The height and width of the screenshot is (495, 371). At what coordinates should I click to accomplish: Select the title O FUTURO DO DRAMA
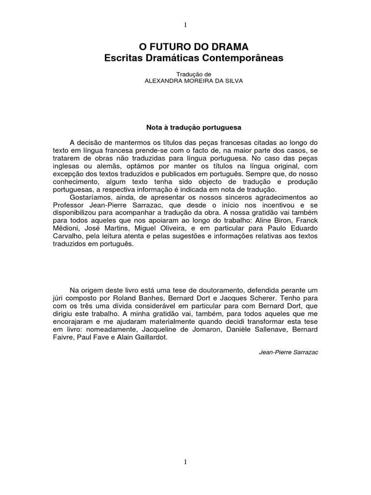(x=193, y=47)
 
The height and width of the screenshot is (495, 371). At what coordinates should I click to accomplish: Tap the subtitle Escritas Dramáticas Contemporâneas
(x=194, y=58)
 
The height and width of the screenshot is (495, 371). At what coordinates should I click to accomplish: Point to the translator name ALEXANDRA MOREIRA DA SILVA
(x=194, y=81)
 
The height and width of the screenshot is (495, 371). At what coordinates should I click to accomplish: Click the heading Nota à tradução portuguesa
(x=193, y=128)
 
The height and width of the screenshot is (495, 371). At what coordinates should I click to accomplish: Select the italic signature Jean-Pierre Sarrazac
(x=289, y=352)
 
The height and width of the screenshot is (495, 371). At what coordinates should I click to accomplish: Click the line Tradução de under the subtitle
(x=193, y=74)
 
